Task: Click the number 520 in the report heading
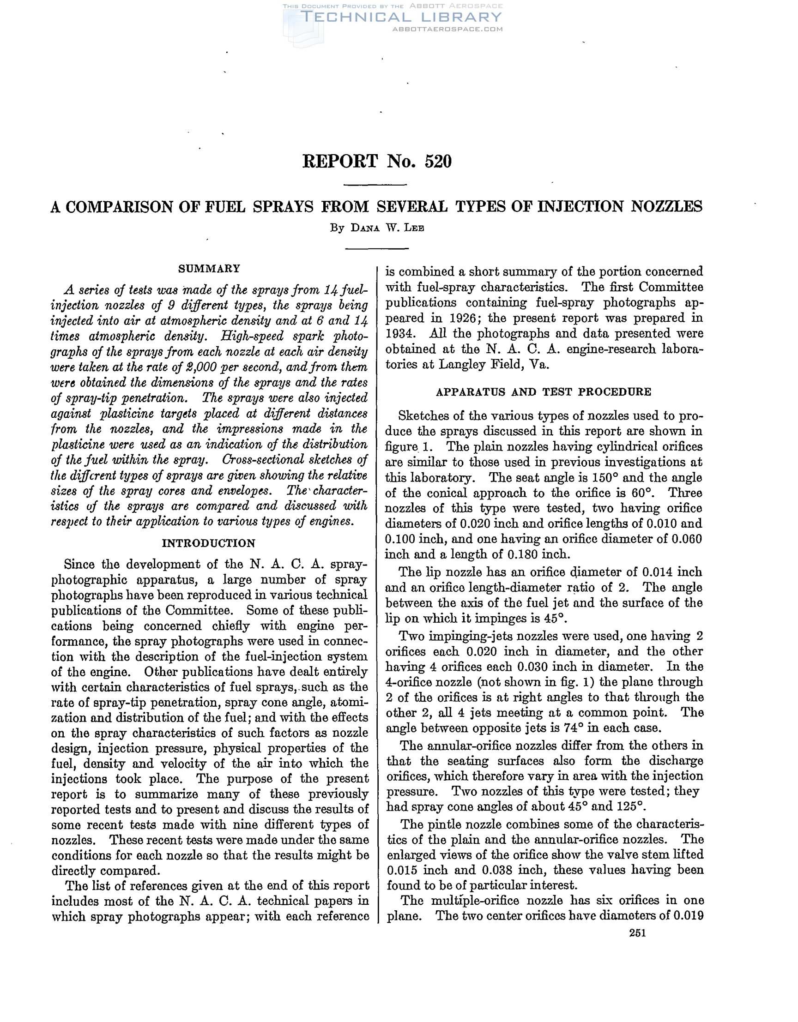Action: (x=438, y=162)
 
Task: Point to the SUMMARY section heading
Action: (x=209, y=269)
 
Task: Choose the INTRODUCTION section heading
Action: (x=209, y=543)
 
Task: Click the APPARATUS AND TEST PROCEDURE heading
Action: (x=544, y=392)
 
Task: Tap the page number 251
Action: (x=637, y=933)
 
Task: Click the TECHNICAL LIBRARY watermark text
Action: (x=401, y=18)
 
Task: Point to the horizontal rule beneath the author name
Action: (x=377, y=248)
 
